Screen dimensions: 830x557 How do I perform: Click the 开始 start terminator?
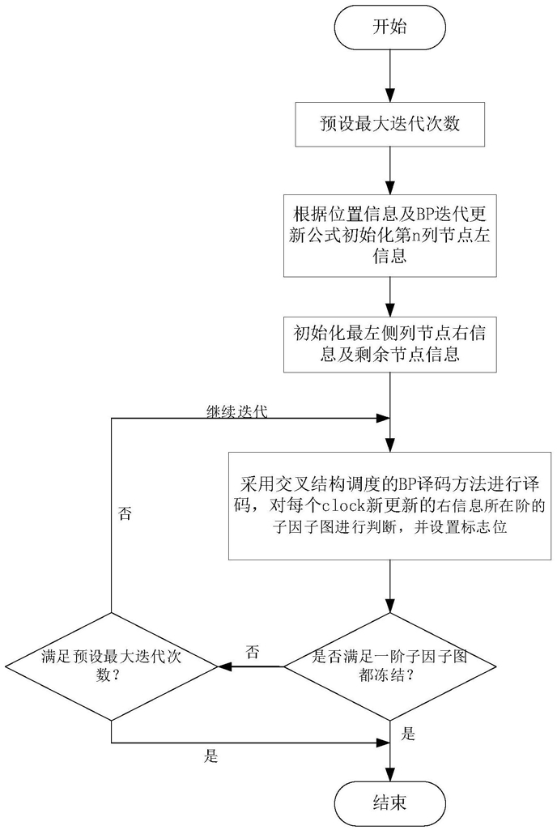(390, 27)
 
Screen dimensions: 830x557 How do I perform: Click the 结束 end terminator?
(390, 802)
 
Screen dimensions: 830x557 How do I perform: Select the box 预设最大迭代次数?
(390, 126)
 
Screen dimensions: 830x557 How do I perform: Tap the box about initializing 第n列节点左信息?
(390, 235)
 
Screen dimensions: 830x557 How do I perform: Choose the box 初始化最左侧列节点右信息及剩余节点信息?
(390, 345)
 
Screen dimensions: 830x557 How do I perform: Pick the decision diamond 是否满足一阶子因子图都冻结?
(390, 666)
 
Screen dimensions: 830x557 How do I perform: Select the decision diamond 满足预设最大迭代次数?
(111, 666)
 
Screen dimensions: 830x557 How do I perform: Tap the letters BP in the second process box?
(402, 214)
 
